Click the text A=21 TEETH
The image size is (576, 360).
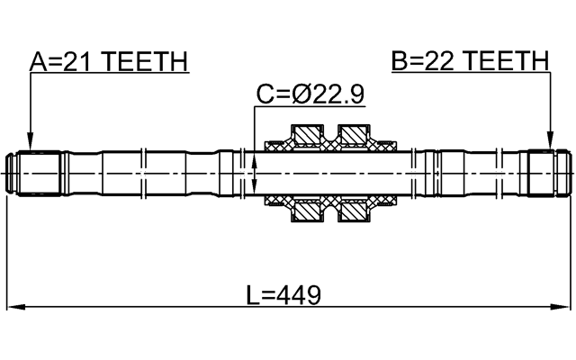point(109,61)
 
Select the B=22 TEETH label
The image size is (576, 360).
point(469,61)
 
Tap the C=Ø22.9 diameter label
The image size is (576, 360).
point(310,94)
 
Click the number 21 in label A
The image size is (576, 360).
point(79,61)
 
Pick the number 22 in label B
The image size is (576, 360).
point(439,61)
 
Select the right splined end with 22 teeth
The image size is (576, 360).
point(547,173)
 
